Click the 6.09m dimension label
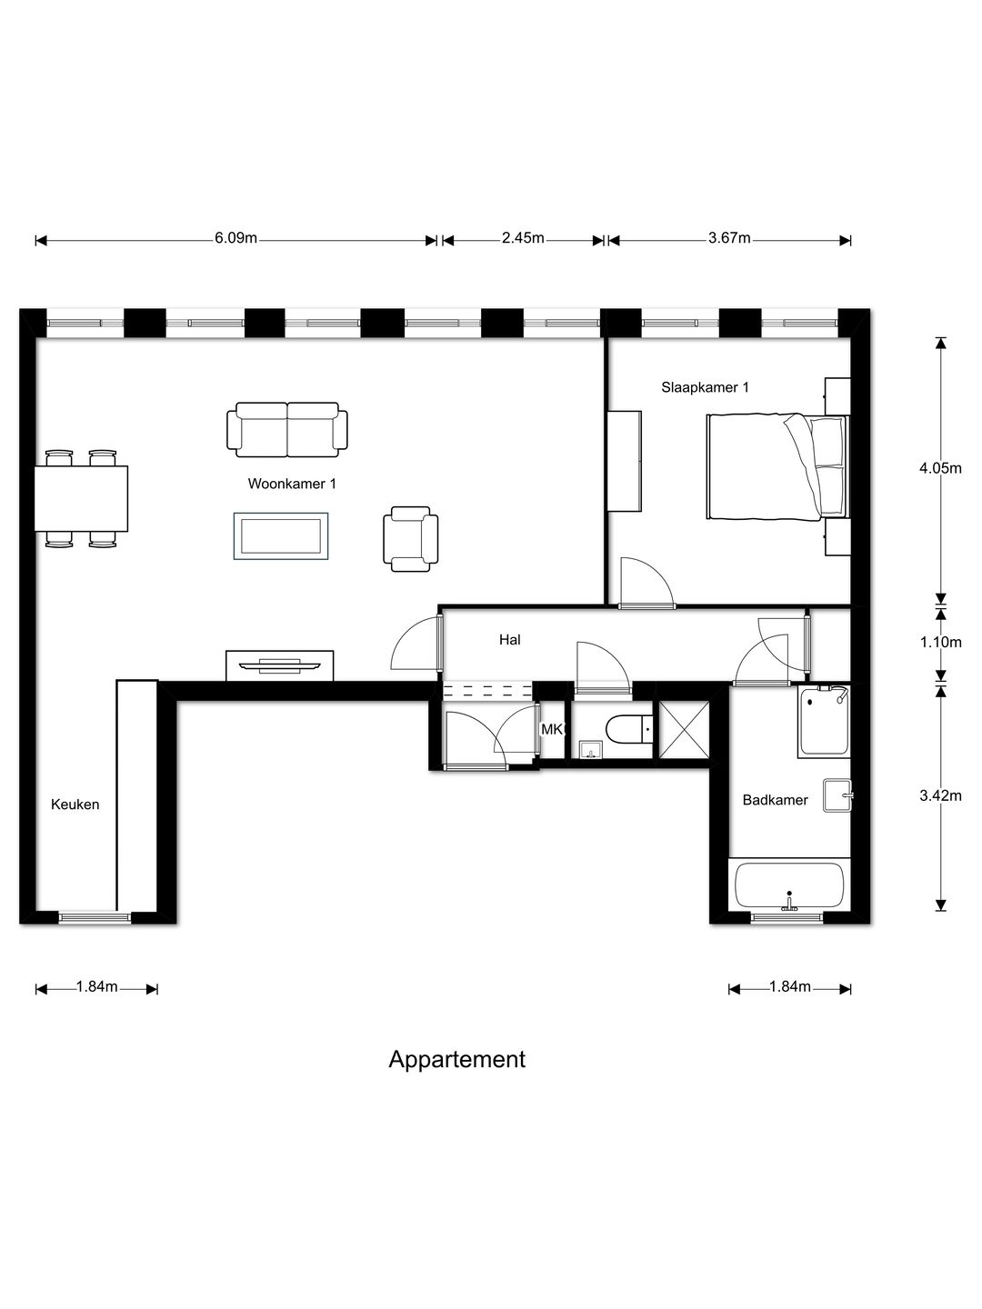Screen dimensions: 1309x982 [x=235, y=239]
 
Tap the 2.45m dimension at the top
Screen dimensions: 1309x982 [x=523, y=239]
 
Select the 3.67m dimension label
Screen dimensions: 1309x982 [x=729, y=239]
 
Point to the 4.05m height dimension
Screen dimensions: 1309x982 [x=940, y=468]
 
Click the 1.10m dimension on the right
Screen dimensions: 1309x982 [x=940, y=642]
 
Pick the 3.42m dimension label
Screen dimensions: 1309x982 [x=940, y=795]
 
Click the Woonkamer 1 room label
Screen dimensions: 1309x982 [x=292, y=484]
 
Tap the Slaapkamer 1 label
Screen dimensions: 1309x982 [x=705, y=387]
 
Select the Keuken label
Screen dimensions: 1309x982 [x=75, y=804]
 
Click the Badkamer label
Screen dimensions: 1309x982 [x=775, y=800]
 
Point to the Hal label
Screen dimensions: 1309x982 [x=509, y=640]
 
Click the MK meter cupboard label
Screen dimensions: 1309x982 [x=552, y=729]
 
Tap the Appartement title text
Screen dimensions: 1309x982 [x=456, y=1059]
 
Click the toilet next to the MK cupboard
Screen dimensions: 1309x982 [x=629, y=728]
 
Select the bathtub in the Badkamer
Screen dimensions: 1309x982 [x=788, y=885]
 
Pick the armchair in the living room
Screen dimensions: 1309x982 [x=411, y=539]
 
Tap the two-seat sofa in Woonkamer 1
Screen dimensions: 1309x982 [x=287, y=430]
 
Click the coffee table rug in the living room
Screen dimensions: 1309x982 [x=281, y=536]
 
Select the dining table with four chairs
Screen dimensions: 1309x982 [x=81, y=498]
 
